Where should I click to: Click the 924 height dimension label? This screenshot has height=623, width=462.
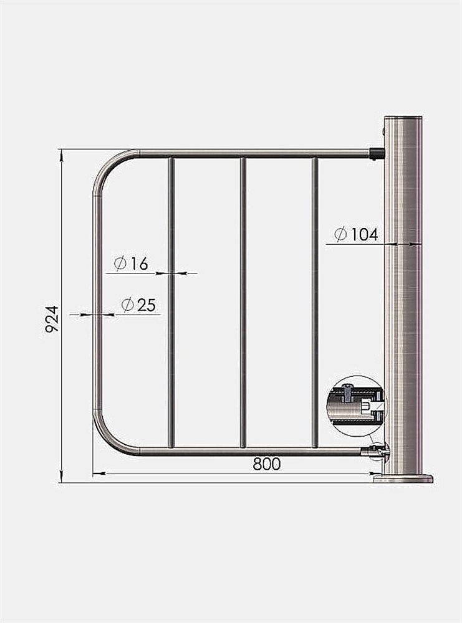pyautogui.click(x=52, y=319)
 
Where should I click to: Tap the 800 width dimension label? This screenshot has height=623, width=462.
pyautogui.click(x=267, y=464)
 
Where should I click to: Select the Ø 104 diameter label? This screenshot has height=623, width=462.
pyautogui.click(x=356, y=234)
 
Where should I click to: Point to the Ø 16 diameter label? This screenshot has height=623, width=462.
pyautogui.click(x=131, y=264)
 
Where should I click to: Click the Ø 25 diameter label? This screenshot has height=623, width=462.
pyautogui.click(x=139, y=305)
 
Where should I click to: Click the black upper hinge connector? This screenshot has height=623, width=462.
pyautogui.click(x=377, y=153)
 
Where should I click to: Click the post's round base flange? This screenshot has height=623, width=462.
pyautogui.click(x=403, y=478)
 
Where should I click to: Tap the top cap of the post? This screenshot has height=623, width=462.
pyautogui.click(x=403, y=118)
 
